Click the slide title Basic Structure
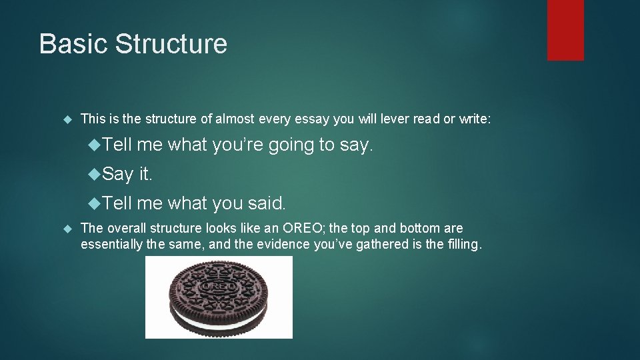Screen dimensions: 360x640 click(133, 44)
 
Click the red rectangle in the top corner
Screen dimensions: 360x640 click(565, 30)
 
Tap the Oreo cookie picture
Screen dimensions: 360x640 click(219, 297)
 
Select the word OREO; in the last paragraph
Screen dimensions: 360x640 click(306, 228)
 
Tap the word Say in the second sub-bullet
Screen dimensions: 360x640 click(119, 174)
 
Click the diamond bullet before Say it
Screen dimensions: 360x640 click(95, 174)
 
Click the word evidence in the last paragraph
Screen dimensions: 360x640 click(257, 244)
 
